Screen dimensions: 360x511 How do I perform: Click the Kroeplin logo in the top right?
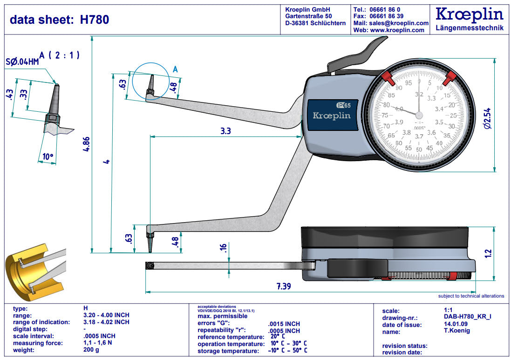tap(469, 14)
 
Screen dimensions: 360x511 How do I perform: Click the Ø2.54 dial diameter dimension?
tap(487, 118)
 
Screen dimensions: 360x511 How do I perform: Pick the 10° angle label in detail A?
tap(48, 157)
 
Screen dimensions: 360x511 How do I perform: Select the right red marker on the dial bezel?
tap(449, 79)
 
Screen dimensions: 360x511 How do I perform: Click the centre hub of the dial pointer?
tap(419, 115)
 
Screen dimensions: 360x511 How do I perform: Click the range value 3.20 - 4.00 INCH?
tap(106, 315)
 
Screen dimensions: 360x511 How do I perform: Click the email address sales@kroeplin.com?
tap(398, 23)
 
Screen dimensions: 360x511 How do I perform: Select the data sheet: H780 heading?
tap(60, 19)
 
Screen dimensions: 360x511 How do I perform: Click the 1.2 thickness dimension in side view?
tap(488, 253)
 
